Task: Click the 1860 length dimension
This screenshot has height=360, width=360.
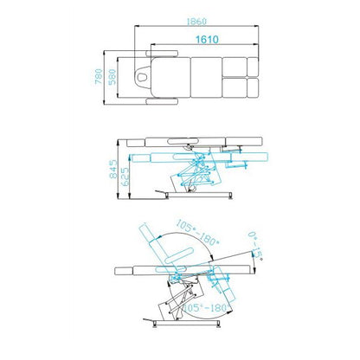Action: tap(196, 21)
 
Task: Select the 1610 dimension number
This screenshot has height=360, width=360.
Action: tap(207, 39)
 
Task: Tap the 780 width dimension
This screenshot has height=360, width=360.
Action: tap(99, 76)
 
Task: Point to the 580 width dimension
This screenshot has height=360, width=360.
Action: tap(112, 77)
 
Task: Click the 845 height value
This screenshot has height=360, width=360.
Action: tap(113, 169)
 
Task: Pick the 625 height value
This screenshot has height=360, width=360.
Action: tap(125, 177)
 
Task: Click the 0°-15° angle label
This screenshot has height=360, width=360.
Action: tap(255, 246)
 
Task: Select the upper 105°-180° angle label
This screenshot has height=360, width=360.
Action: tap(198, 233)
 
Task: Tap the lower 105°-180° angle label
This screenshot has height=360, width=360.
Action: tap(205, 307)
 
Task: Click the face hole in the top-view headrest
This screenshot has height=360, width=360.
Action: tap(142, 77)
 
